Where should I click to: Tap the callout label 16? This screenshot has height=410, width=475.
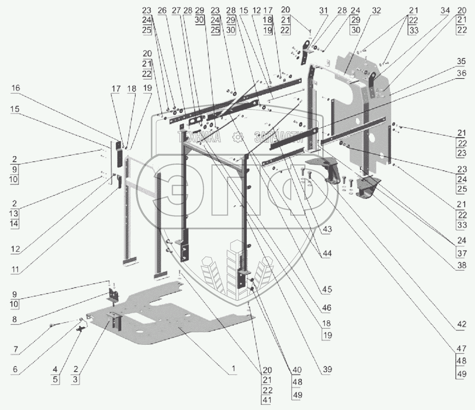coord(16,88)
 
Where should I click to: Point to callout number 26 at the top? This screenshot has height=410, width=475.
coord(150,10)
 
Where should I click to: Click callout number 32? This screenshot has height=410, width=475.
coord(376,10)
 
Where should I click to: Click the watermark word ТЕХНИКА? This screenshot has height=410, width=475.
coord(200,137)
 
